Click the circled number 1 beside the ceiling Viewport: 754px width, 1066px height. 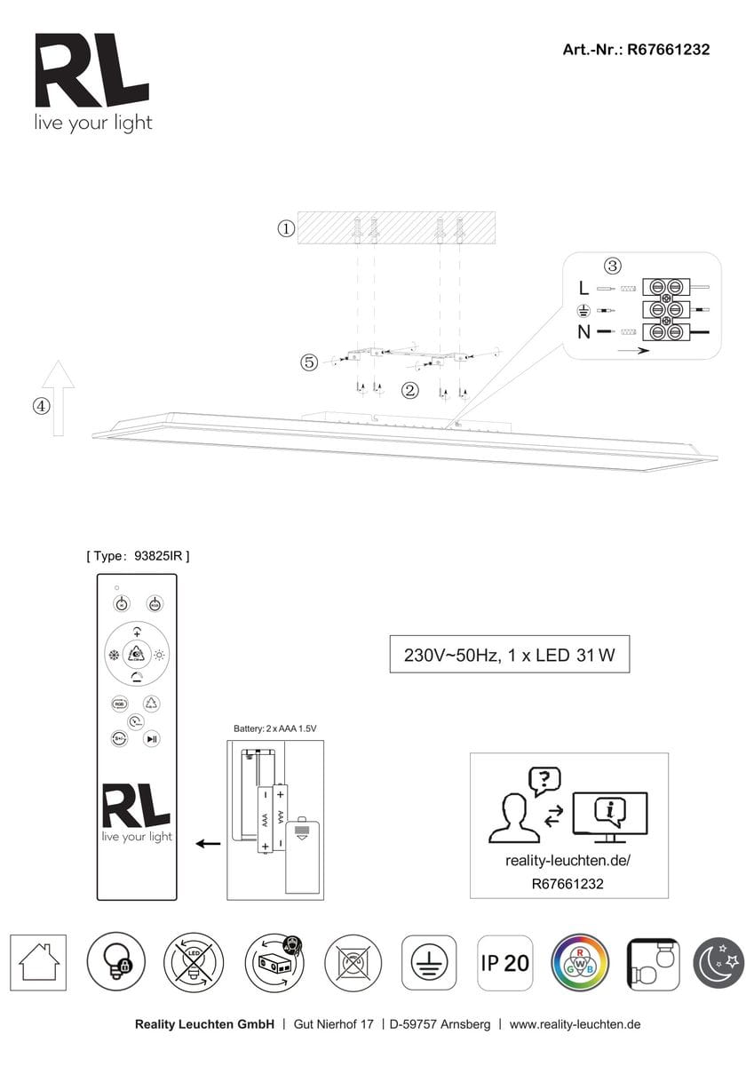click(x=286, y=228)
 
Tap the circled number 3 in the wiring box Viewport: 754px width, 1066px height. click(x=612, y=266)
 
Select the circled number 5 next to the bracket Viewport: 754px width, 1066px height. click(x=308, y=362)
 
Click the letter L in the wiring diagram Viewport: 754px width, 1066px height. click(x=583, y=288)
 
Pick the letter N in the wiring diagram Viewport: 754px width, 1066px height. click(x=583, y=332)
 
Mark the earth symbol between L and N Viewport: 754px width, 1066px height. click(x=583, y=310)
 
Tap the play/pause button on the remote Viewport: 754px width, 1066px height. click(x=153, y=737)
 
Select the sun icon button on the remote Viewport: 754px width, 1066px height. click(x=160, y=656)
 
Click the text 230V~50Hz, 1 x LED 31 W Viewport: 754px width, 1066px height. click(x=510, y=656)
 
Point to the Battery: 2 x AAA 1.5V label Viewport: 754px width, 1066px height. click(x=275, y=728)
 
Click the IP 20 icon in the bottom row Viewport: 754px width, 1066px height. click(x=504, y=962)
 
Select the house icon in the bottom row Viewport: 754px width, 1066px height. click(x=38, y=962)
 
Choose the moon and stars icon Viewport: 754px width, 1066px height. click(x=720, y=962)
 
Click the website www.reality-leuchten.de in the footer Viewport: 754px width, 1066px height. click(x=575, y=1024)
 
